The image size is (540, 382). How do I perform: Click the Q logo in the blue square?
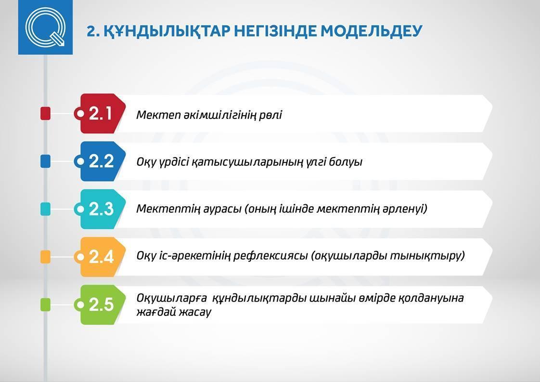[45, 27]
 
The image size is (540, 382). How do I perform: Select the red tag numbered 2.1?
[101, 113]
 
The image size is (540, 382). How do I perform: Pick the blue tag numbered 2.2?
[101, 161]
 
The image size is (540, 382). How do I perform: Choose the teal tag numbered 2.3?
[101, 209]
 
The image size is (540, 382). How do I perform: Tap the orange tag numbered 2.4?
[101, 256]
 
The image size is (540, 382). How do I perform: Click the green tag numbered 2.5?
[101, 304]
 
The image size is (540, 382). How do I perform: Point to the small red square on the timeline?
[45, 113]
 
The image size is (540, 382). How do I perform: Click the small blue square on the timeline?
[45, 161]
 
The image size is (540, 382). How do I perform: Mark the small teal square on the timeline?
[45, 209]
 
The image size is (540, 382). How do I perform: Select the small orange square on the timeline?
[45, 257]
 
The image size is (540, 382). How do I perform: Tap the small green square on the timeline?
[45, 305]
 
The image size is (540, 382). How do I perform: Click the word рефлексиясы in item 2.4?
[270, 256]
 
